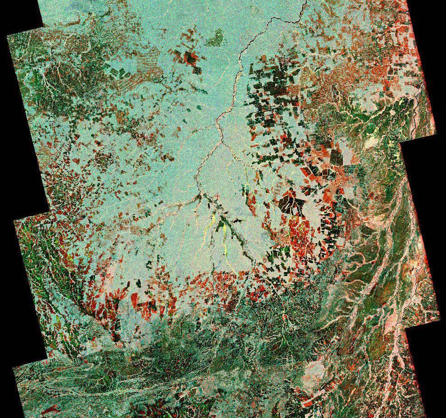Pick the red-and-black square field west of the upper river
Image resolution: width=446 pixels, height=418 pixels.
click(x=191, y=59)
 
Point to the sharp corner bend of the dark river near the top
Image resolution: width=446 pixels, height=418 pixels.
click(x=272, y=18)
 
